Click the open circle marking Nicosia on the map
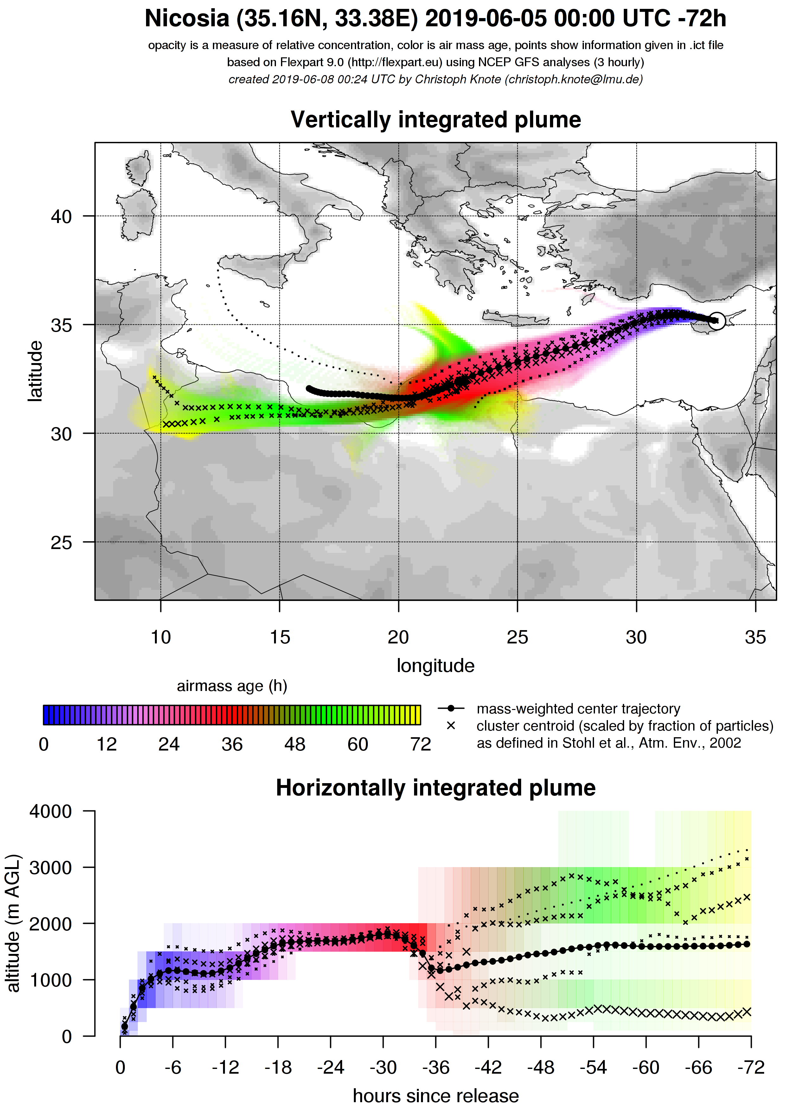pyautogui.click(x=717, y=320)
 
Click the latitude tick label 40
pyautogui.click(x=61, y=216)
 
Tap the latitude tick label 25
pyautogui.click(x=61, y=542)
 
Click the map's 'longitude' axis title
pyautogui.click(x=435, y=665)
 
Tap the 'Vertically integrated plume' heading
pyautogui.click(x=435, y=120)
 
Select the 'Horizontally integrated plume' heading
pyautogui.click(x=435, y=788)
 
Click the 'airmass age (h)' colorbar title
pyautogui.click(x=232, y=686)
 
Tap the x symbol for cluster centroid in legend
pyautogui.click(x=451, y=725)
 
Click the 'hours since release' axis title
pyautogui.click(x=435, y=1096)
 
